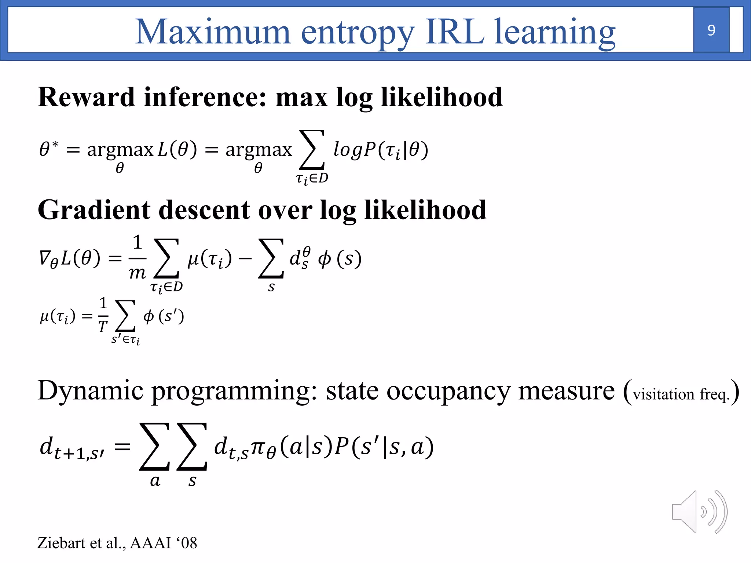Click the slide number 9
coord(711,30)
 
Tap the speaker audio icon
coord(699,512)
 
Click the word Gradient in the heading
coord(94,210)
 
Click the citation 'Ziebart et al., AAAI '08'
coord(117,543)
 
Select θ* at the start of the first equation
coord(48,149)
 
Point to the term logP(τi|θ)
coord(381,150)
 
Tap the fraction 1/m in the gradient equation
coord(138,258)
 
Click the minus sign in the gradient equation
coord(245,259)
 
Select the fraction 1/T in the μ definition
coord(103,315)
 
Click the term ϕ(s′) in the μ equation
coord(164,316)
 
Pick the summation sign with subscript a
coord(155,447)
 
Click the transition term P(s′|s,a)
coord(384,447)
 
